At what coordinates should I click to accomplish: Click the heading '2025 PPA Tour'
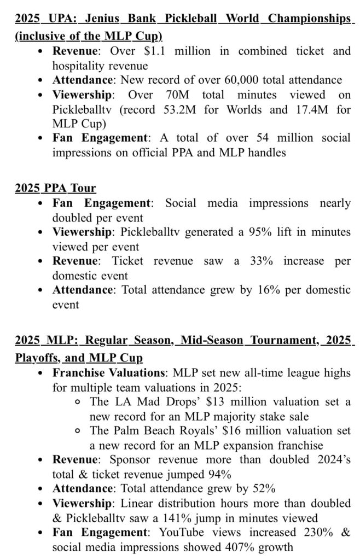(55, 188)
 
